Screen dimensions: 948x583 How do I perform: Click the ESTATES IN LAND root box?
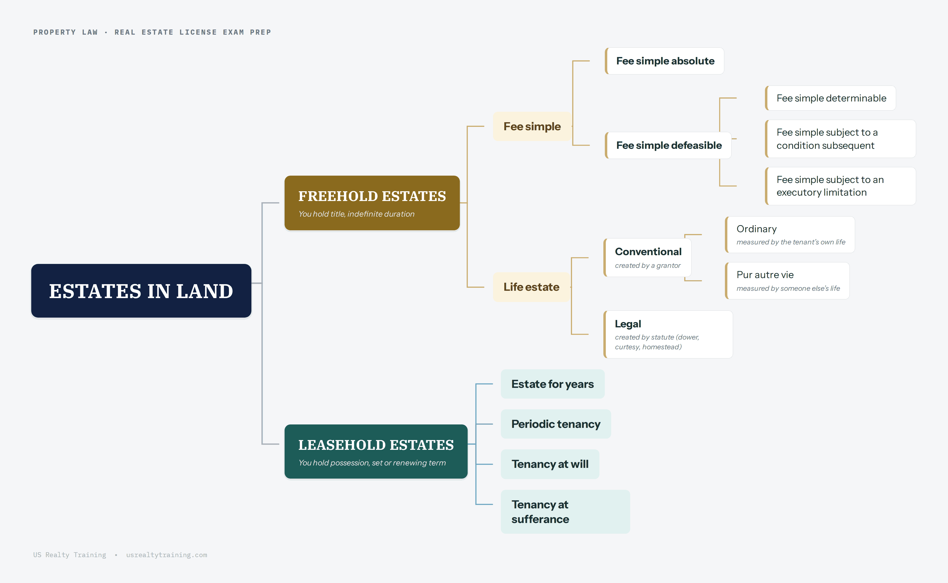tap(141, 291)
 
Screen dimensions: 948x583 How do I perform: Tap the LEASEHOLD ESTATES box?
tap(376, 452)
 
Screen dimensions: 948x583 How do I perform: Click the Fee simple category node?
tap(532, 126)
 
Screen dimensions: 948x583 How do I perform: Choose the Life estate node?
tap(531, 287)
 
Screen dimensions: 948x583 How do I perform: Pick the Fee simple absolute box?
tap(664, 61)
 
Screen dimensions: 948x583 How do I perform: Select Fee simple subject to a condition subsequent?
tap(840, 139)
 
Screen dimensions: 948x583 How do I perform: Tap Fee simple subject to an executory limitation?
tap(840, 186)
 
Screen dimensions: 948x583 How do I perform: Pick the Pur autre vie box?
tap(787, 281)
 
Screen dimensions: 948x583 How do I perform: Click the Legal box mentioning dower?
tap(668, 334)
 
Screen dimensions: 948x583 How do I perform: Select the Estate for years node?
tap(553, 384)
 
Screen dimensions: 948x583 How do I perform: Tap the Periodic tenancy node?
tap(556, 424)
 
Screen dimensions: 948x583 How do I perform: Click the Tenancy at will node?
tap(550, 464)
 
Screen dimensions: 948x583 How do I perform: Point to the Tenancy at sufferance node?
tap(565, 512)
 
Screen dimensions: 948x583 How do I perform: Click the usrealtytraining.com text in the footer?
tap(167, 555)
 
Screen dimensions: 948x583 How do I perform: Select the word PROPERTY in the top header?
tap(54, 32)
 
